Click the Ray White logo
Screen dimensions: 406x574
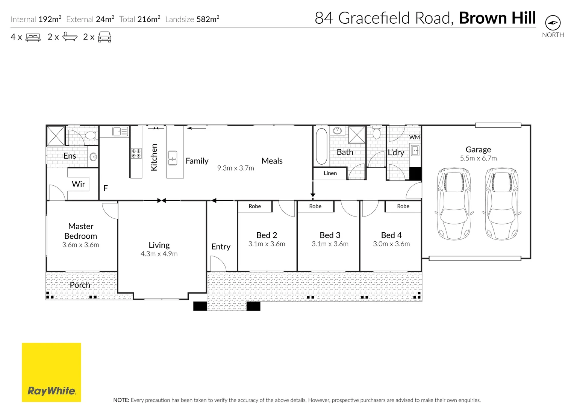pos(51,372)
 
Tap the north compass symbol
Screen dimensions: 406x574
pos(553,23)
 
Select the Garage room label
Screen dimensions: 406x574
pos(478,150)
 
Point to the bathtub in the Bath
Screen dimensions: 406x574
pos(321,146)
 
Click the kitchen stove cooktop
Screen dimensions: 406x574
pos(136,153)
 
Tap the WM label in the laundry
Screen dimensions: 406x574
pos(414,137)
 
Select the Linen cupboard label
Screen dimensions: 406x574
pos(330,173)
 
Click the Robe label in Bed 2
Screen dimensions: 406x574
pos(254,206)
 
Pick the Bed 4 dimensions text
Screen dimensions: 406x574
pos(391,244)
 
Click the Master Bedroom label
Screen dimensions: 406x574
pos(81,231)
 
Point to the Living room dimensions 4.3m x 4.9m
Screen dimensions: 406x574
pos(159,254)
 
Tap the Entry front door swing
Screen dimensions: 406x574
pos(217,264)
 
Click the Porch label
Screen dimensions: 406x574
pos(80,285)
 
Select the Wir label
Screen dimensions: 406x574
pos(78,184)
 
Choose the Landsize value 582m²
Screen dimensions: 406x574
pos(208,19)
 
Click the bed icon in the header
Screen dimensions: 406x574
pos(33,37)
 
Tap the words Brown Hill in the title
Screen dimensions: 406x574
pos(497,18)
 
